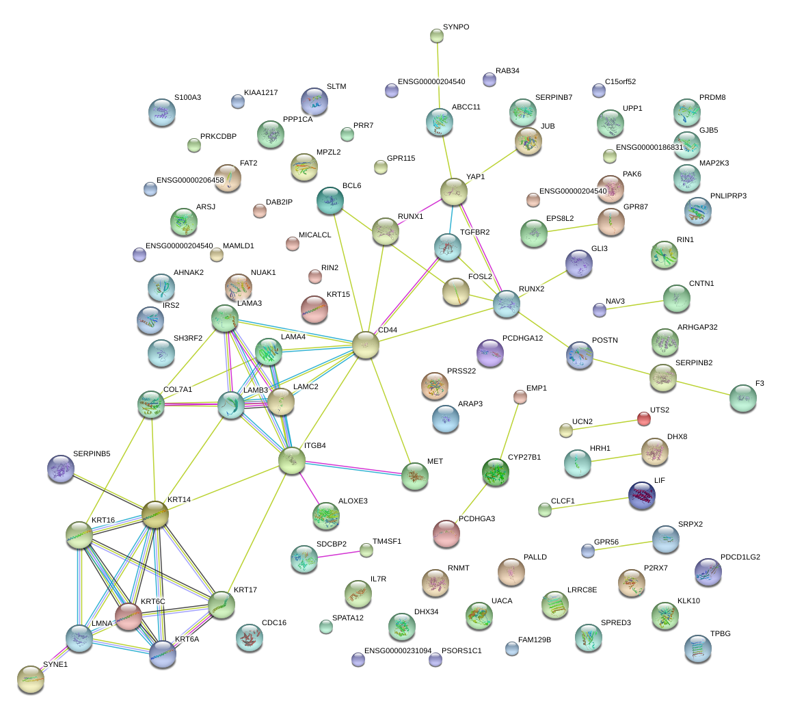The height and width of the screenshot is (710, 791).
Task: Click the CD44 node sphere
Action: tap(365, 345)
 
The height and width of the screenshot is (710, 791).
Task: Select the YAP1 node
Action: tap(453, 192)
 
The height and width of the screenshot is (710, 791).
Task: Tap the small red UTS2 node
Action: tap(644, 419)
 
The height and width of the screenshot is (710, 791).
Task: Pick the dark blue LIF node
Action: tap(642, 495)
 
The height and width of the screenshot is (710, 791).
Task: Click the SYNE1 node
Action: tap(31, 679)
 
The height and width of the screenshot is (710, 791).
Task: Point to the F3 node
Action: tap(742, 398)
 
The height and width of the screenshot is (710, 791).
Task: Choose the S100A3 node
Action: tap(162, 113)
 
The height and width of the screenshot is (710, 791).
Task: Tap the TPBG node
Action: tap(697, 648)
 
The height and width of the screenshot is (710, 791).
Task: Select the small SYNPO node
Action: tap(437, 36)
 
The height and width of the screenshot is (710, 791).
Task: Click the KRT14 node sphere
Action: tap(155, 514)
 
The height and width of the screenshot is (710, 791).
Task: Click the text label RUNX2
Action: tap(532, 289)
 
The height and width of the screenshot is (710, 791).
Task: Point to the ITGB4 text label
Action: tap(314, 445)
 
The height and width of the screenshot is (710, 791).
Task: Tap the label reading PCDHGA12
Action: tap(522, 338)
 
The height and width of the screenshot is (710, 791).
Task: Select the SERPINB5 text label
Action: tap(92, 453)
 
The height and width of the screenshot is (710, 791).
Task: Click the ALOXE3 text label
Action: tap(353, 501)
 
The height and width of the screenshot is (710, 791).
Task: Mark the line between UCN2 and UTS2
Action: tap(605, 424)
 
